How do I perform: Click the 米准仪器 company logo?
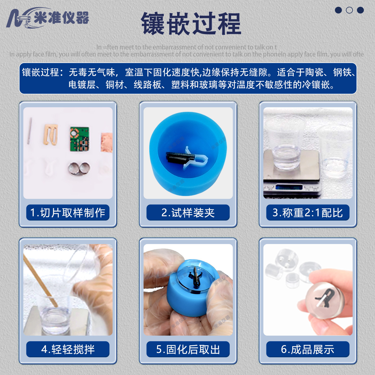coord(47,18)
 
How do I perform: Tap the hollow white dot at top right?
coord(349,10)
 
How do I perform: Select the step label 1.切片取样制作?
coord(68,213)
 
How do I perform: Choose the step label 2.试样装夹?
coord(188,213)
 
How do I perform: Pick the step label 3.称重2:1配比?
coord(308,213)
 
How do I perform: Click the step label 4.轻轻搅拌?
coord(68,349)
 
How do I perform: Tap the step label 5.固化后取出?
coord(188,349)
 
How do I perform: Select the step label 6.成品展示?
coord(308,349)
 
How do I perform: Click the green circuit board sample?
coord(79,139)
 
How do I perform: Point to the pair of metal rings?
coord(79,168)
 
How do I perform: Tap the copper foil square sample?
coord(106,142)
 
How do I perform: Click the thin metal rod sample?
coord(30,131)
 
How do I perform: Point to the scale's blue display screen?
coord(289,187)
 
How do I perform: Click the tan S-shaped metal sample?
coord(51,134)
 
